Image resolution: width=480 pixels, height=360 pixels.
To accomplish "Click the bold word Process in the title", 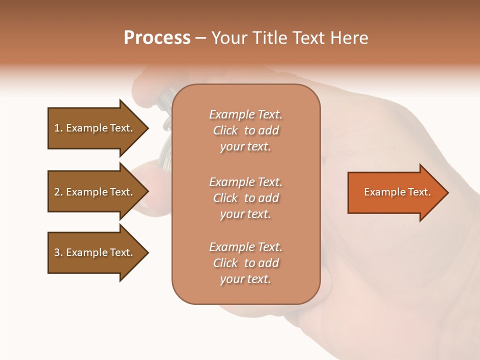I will (157, 38).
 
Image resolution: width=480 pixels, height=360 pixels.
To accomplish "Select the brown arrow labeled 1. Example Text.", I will (95, 128).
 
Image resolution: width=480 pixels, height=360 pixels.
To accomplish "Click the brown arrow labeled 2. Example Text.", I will (95, 192).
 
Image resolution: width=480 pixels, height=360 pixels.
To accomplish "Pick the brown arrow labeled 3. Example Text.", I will (95, 252).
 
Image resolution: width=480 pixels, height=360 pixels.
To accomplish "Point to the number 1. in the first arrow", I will (58, 128).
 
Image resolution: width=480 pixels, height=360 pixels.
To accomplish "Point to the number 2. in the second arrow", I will (58, 192).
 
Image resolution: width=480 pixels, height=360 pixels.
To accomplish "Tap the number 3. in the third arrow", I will (58, 252).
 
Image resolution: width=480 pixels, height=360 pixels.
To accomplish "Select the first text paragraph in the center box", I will (245, 130).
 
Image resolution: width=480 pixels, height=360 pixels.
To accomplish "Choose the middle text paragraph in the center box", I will (245, 198).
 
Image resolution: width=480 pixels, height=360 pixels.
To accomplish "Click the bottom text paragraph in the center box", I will (245, 263).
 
